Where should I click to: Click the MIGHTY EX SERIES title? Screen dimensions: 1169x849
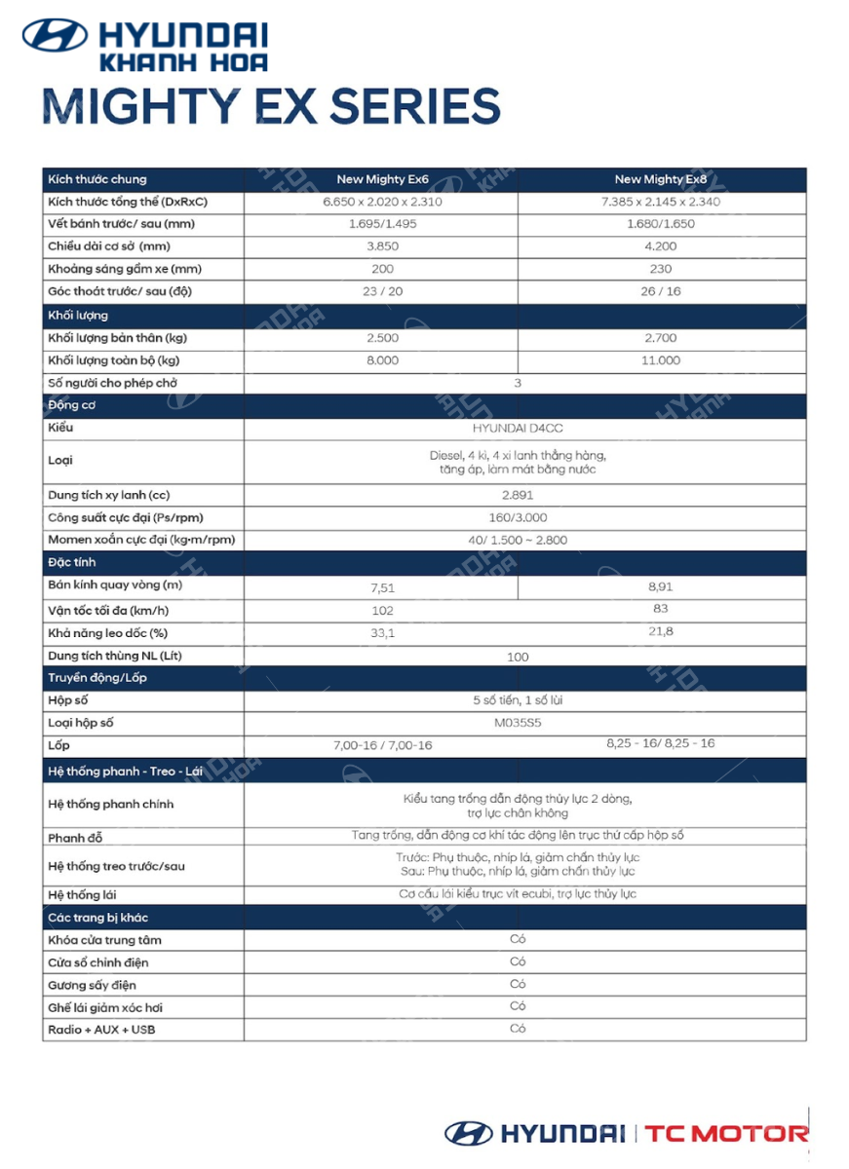tap(271, 105)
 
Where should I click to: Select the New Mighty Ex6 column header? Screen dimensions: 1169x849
tap(382, 179)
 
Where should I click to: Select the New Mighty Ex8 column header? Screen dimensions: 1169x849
tap(661, 179)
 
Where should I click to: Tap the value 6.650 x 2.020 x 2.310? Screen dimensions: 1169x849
tap(382, 202)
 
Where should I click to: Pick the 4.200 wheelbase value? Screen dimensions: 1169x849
tap(661, 246)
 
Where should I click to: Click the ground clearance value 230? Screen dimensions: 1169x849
tap(661, 269)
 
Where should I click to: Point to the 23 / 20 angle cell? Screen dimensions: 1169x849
tap(382, 291)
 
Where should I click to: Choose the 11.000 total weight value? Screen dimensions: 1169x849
tap(661, 360)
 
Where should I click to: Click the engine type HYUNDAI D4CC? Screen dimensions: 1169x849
tap(518, 428)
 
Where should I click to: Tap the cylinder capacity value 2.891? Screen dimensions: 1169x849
tap(518, 495)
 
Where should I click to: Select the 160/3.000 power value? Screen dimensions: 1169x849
tap(518, 517)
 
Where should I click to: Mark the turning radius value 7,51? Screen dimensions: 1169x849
tap(382, 587)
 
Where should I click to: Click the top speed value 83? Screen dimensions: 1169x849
tap(661, 609)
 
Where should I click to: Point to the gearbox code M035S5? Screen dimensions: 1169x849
tap(518, 723)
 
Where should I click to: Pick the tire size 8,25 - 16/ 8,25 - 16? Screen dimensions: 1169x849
tap(660, 743)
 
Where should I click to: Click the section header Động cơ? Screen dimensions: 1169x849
tap(71, 405)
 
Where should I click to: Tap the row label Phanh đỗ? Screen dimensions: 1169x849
tap(75, 838)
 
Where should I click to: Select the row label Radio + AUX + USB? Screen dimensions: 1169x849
tap(101, 1030)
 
